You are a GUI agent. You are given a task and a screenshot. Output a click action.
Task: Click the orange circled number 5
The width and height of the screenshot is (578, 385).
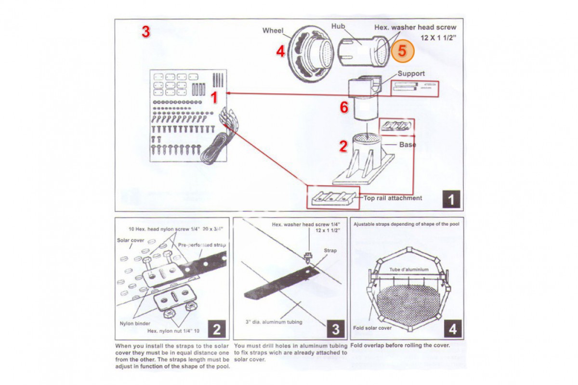(402, 51)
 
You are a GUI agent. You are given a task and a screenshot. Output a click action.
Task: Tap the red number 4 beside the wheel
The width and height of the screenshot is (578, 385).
(281, 51)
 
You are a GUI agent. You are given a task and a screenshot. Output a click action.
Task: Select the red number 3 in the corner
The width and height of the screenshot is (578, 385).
(145, 32)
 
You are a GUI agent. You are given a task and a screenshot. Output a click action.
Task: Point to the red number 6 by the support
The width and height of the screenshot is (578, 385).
(344, 107)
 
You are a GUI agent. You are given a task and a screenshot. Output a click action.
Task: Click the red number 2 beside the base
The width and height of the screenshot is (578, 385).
(343, 146)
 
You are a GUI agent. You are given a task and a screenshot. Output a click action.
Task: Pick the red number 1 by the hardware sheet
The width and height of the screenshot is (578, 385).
(214, 98)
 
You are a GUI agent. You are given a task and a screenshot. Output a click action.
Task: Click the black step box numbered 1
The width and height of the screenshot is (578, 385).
(451, 199)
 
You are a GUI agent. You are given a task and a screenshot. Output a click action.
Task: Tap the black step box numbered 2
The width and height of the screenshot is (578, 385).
(217, 329)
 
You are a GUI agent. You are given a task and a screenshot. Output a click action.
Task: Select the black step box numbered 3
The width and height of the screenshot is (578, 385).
(335, 329)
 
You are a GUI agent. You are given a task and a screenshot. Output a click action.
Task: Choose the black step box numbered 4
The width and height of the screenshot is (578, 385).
(453, 329)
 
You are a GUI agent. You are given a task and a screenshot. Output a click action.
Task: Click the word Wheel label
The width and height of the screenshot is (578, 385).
(273, 30)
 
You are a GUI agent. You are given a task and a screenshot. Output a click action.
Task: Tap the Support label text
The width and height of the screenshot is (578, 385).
(411, 74)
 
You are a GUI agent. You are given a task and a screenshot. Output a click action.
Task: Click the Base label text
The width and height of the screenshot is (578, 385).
(407, 144)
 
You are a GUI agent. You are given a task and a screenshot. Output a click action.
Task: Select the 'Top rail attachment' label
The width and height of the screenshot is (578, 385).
(393, 198)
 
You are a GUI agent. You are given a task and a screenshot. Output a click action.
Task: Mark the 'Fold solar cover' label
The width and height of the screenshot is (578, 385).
(372, 328)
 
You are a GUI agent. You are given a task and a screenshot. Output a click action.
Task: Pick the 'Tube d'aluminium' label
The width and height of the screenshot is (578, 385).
(409, 269)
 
